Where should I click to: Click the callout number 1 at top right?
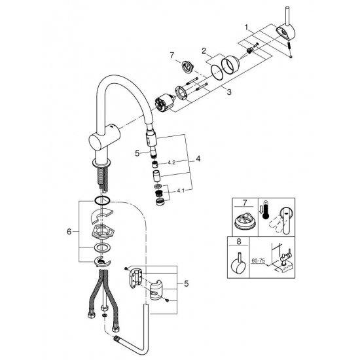tap(246, 28)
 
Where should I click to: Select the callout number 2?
tap(204, 50)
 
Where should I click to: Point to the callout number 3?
tap(228, 93)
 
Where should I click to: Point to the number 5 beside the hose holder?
tap(187, 283)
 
